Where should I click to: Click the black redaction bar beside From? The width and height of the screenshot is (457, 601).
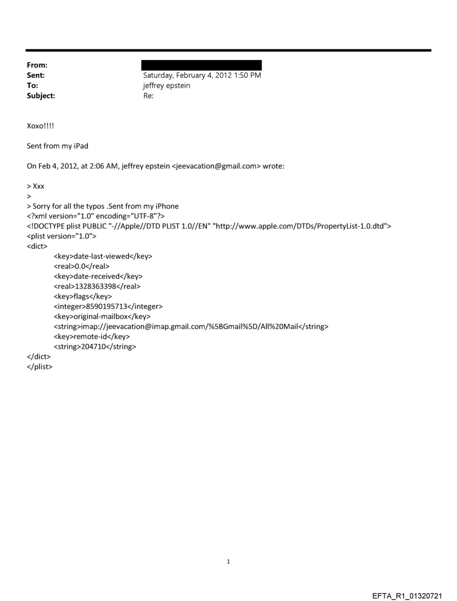pos(202,65)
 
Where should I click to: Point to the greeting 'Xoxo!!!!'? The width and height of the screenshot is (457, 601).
pos(42,126)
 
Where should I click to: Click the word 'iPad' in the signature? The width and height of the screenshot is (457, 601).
pos(80,146)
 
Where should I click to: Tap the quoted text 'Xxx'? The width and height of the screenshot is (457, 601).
pos(38,186)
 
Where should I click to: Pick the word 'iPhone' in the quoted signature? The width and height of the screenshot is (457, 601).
pos(166,206)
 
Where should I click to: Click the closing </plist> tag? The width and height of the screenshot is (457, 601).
pos(40,367)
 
